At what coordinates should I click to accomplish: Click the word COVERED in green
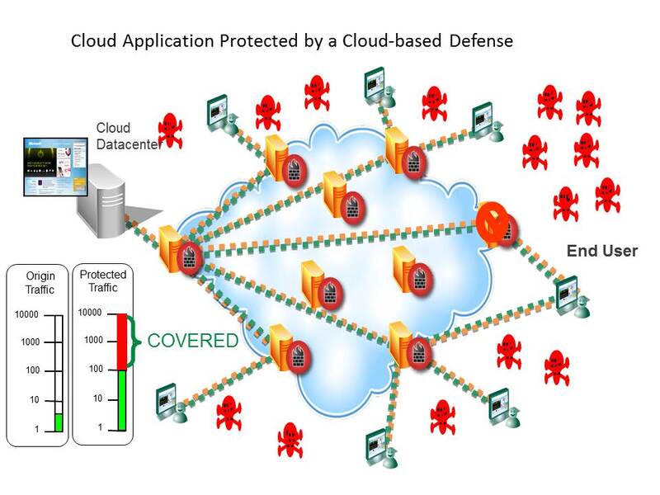point(192,341)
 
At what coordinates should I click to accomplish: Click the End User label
point(601,251)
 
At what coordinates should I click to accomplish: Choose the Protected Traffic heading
point(103,281)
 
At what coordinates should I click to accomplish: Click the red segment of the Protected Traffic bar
point(121,342)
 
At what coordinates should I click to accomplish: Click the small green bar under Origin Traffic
point(59,422)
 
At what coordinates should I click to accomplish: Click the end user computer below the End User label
point(568,294)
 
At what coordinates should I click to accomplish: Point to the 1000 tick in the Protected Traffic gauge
point(92,341)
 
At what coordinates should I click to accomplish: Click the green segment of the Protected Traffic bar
point(121,400)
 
